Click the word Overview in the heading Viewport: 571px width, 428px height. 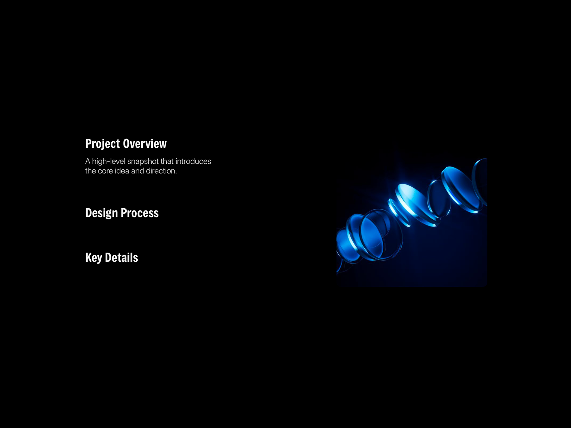coord(145,143)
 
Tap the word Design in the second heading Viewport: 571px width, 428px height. coord(101,213)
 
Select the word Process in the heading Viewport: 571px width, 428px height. coord(140,213)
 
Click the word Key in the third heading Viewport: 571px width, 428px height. coord(94,258)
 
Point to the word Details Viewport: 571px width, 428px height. coord(121,258)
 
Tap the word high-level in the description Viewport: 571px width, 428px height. coord(108,162)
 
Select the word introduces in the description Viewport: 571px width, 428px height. coord(193,161)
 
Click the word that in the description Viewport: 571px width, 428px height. coord(167,161)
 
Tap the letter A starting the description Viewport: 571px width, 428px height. coord(88,161)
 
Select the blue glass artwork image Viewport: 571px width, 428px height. coord(412,223)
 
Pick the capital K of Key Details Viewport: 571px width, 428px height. coord(89,258)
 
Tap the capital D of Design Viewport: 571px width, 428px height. coord(89,213)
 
